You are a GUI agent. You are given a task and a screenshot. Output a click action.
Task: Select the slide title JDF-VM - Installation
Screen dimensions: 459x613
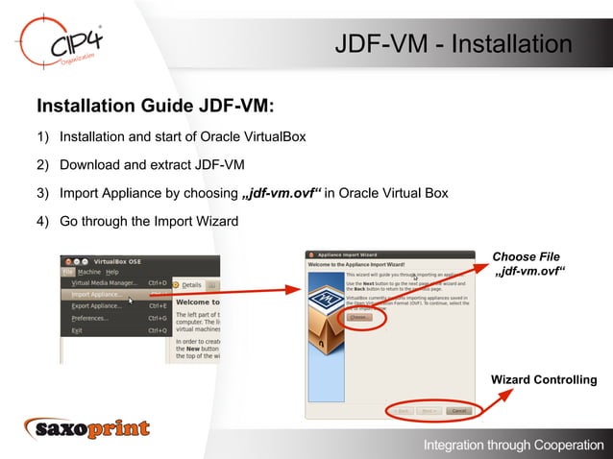pyautogui.click(x=453, y=44)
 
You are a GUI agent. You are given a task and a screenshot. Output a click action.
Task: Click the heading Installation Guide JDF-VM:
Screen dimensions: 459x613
pyautogui.click(x=155, y=105)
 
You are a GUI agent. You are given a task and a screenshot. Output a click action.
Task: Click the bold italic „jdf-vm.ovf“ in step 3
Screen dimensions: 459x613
pyautogui.click(x=281, y=194)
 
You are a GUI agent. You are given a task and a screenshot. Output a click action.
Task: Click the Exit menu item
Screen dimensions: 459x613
pyautogui.click(x=78, y=330)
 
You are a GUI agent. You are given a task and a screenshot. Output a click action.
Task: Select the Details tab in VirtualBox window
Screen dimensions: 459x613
pyautogui.click(x=190, y=284)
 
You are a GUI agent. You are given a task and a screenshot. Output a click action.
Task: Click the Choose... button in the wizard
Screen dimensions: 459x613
pyautogui.click(x=358, y=317)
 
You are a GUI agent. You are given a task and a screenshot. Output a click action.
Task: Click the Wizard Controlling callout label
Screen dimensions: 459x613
pyautogui.click(x=544, y=380)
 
